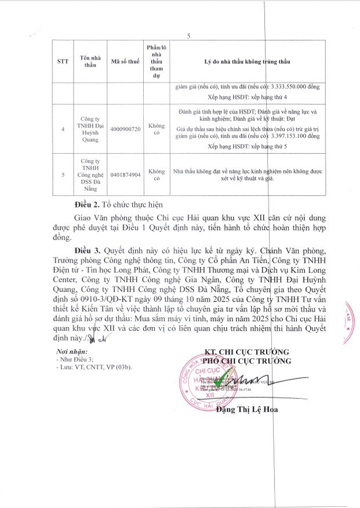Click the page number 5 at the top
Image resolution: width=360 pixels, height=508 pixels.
pyautogui.click(x=189, y=36)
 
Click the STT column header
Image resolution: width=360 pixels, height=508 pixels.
pyautogui.click(x=62, y=61)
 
